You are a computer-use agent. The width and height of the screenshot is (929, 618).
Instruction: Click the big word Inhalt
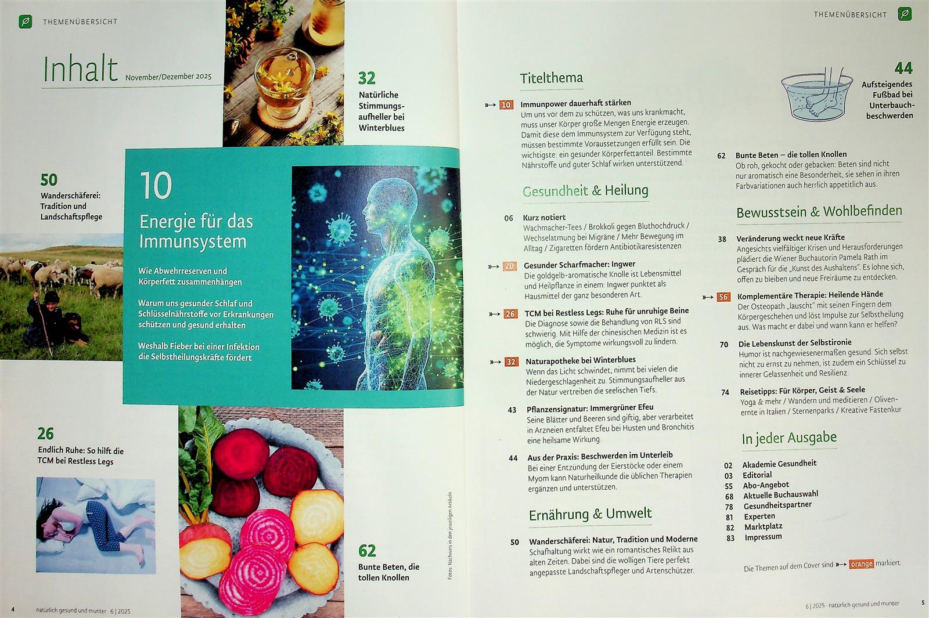[81, 68]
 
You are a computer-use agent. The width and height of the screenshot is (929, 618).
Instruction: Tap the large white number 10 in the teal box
[156, 186]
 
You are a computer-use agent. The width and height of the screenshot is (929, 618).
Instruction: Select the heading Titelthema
[551, 78]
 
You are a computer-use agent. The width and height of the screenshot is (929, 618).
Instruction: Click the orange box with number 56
[723, 297]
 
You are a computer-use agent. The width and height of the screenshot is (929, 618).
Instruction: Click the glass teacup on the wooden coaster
[284, 80]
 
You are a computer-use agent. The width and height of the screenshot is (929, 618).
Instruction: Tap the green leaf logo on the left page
[26, 21]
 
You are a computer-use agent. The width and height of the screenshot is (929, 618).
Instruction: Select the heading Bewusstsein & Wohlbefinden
[819, 211]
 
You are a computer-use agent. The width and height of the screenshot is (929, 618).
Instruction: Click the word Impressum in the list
[763, 537]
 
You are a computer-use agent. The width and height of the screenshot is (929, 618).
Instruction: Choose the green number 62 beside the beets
[367, 551]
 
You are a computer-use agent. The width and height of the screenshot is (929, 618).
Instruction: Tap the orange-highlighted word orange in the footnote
[861, 563]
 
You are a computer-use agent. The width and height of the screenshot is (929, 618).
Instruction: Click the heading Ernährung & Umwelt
[590, 514]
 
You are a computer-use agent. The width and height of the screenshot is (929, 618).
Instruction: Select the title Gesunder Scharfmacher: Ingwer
[579, 265]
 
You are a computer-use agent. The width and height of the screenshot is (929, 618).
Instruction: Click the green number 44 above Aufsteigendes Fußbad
[903, 68]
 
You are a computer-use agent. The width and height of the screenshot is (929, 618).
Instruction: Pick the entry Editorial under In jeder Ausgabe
[757, 475]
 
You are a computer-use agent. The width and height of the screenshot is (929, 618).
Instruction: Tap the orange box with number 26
[510, 314]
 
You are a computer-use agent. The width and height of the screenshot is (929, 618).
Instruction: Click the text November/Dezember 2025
[168, 77]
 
